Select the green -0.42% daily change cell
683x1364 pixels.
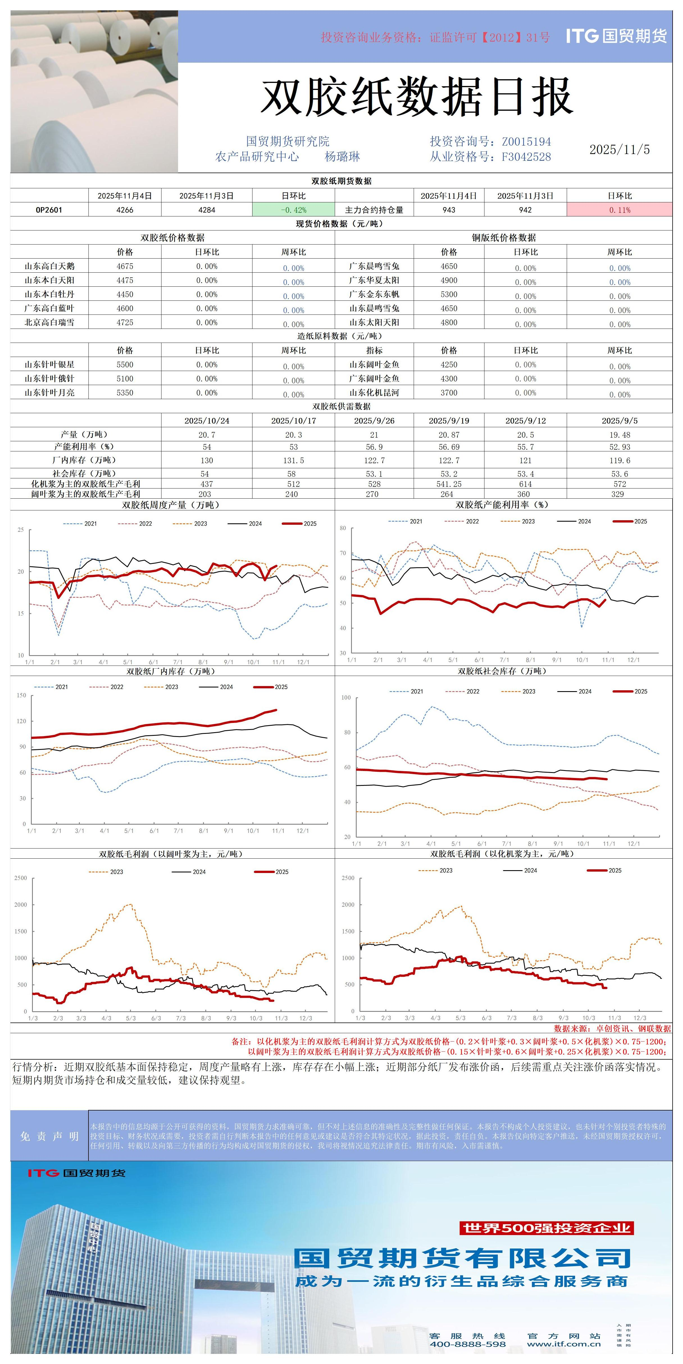pyautogui.click(x=294, y=210)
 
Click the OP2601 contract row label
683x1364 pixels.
pyautogui.click(x=49, y=210)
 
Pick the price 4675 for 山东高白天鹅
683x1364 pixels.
pyautogui.click(x=125, y=266)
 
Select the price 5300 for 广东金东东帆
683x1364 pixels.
pyautogui.click(x=448, y=294)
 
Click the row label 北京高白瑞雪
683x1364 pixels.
pyautogui.click(x=49, y=322)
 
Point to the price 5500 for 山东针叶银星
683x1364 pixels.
pyautogui.click(x=125, y=364)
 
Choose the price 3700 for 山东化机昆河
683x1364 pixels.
pyautogui.click(x=448, y=392)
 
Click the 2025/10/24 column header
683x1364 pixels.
pyautogui.click(x=207, y=420)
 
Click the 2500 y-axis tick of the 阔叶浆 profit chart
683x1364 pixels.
pyautogui.click(x=21, y=878)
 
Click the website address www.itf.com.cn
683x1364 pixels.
pyautogui.click(x=564, y=1344)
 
